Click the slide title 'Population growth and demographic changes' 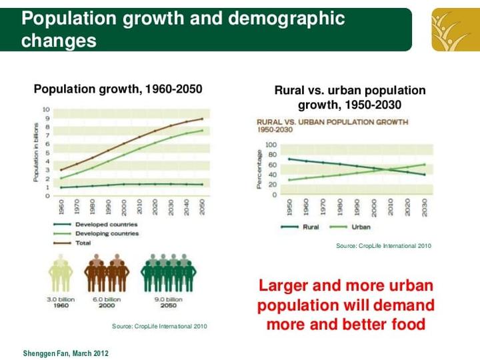pos(183,29)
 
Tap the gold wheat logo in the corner pos(455,29)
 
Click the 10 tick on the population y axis pos(46,109)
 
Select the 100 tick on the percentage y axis pos(271,145)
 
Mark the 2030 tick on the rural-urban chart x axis pos(425,207)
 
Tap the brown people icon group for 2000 pos(106,273)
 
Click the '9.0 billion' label pos(168,299)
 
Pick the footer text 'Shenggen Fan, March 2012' pos(65,353)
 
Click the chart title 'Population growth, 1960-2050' pos(118,89)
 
